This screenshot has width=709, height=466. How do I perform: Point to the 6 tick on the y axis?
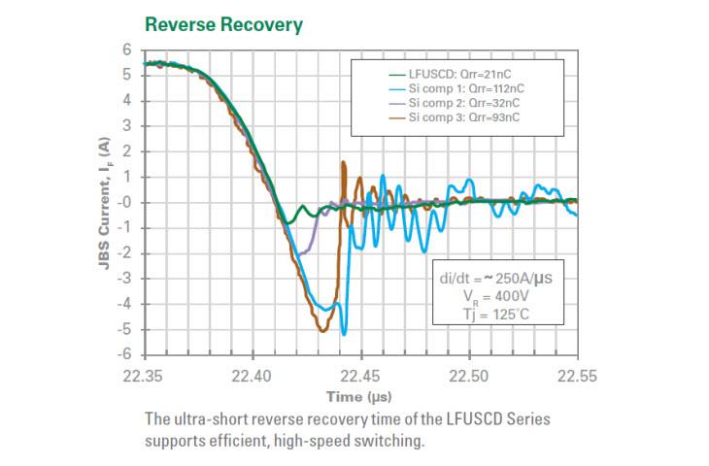127,50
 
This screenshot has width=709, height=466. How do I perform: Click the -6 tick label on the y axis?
124,355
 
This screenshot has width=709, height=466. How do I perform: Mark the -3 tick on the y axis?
124,279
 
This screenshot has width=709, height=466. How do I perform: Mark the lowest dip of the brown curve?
322,331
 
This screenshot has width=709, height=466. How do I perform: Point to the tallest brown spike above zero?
344,162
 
